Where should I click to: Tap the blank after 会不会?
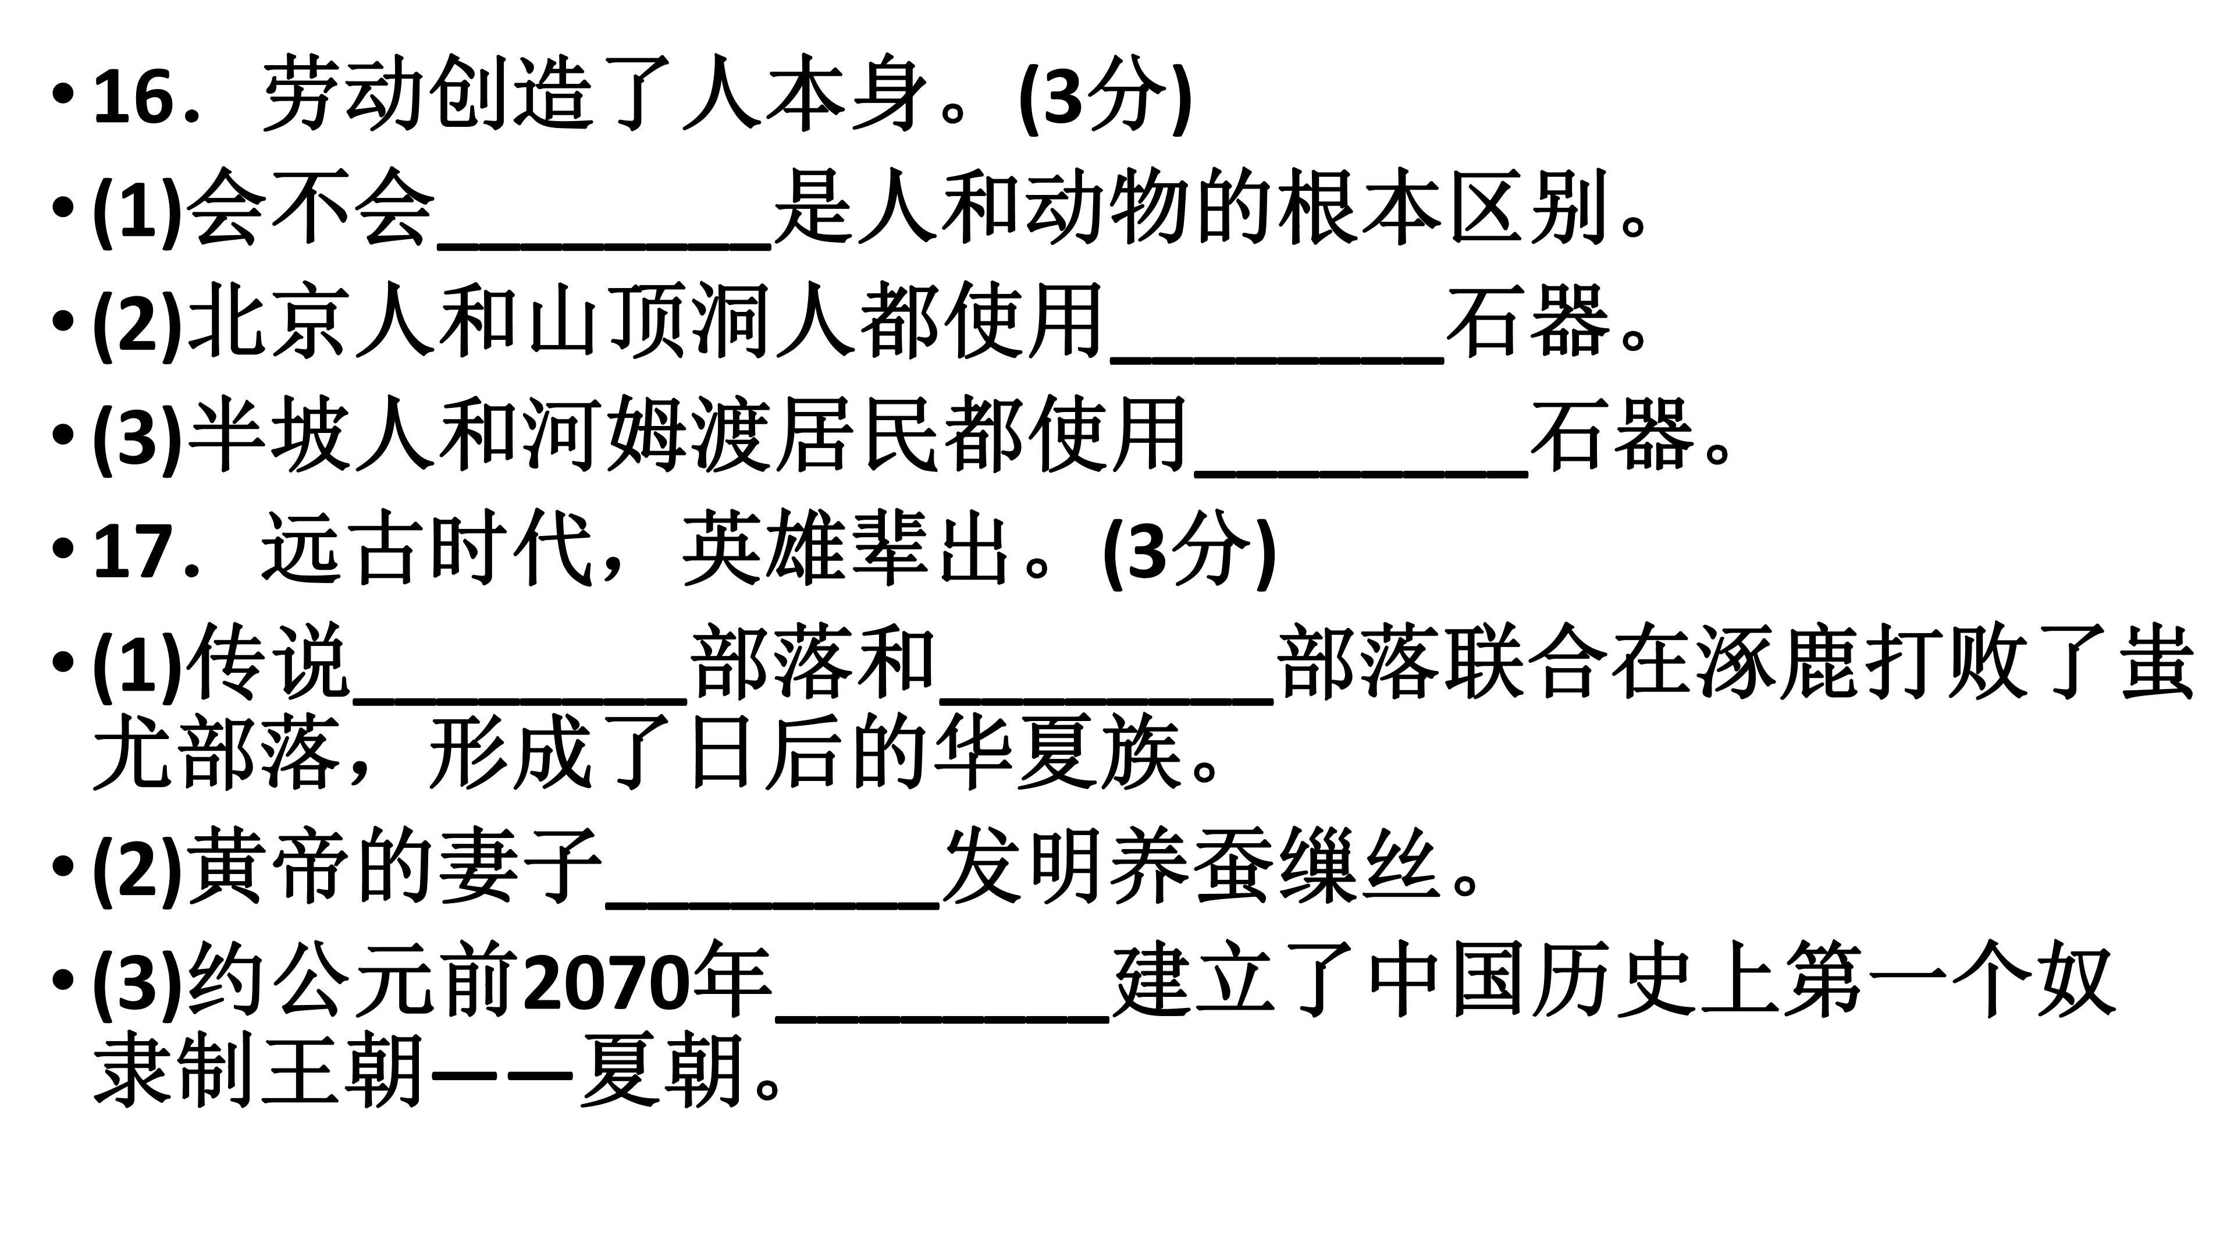(604, 246)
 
